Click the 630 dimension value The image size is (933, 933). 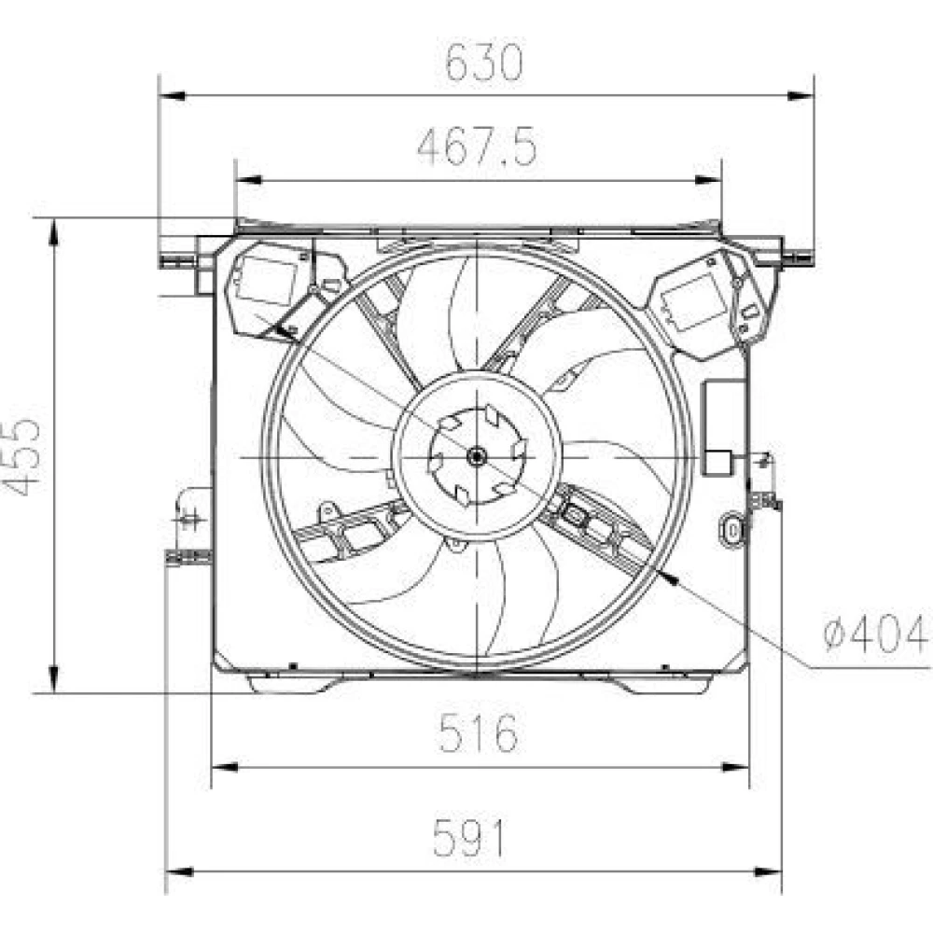point(483,63)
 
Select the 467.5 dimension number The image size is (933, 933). point(477,147)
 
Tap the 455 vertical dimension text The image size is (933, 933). point(22,457)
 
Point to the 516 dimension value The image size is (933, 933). point(479,732)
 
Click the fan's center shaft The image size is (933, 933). point(477,457)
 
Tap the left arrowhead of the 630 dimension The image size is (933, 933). point(173,96)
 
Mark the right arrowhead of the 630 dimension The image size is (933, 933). point(801,96)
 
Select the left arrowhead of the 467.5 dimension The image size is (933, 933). point(249,180)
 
